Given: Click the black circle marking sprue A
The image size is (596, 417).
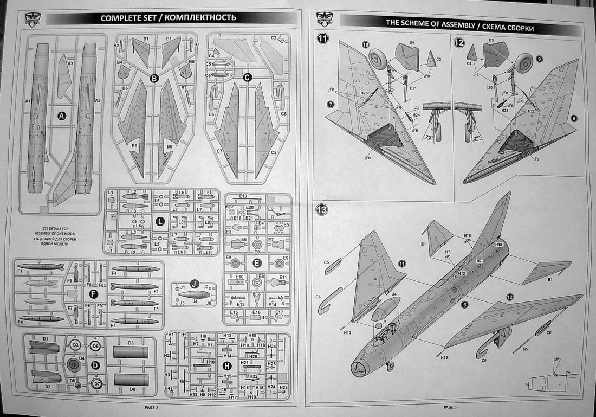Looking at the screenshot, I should click(61, 116).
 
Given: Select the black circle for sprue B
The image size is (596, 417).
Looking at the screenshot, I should click(154, 79).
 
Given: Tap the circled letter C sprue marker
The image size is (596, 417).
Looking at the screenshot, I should click(248, 78).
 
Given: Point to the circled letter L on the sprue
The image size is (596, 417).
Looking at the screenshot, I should click(160, 221).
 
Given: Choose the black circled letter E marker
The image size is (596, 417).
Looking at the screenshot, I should click(257, 264).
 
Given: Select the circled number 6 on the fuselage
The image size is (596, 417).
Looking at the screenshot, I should click(464, 305).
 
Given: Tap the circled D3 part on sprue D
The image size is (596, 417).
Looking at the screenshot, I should click(76, 345).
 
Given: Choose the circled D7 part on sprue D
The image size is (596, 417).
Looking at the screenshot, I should click(95, 384).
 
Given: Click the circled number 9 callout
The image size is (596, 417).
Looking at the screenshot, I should click(539, 59).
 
